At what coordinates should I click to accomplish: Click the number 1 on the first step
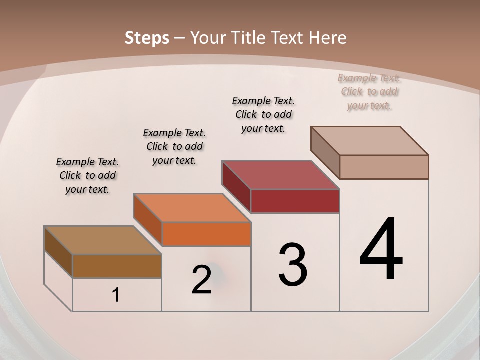[116, 295]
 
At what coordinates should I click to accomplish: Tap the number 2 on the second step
[201, 279]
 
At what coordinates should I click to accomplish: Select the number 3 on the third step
[292, 265]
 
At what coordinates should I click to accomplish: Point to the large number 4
[381, 250]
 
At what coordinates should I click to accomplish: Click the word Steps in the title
[147, 38]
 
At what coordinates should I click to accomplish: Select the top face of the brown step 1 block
[102, 240]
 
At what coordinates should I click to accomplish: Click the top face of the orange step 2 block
[191, 207]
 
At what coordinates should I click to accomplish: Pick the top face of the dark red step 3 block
[280, 175]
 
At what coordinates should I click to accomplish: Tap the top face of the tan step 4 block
[370, 141]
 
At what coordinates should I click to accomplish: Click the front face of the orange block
[206, 234]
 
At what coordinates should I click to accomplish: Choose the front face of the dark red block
[295, 201]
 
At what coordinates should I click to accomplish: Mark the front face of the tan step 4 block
[384, 167]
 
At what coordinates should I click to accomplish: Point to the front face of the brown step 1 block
[117, 266]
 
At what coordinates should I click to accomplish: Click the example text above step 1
[87, 175]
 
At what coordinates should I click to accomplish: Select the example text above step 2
[174, 146]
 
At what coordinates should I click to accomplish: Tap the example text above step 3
[263, 114]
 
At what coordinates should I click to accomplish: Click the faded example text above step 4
[369, 91]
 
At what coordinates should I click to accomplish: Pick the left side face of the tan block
[325, 152]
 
